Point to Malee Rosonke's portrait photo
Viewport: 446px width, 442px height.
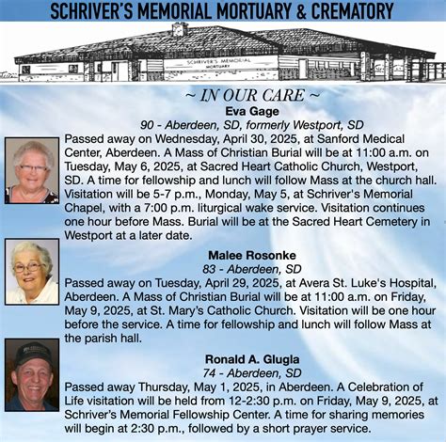tap(31, 273)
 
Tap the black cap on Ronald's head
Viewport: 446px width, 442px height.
tap(33, 354)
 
